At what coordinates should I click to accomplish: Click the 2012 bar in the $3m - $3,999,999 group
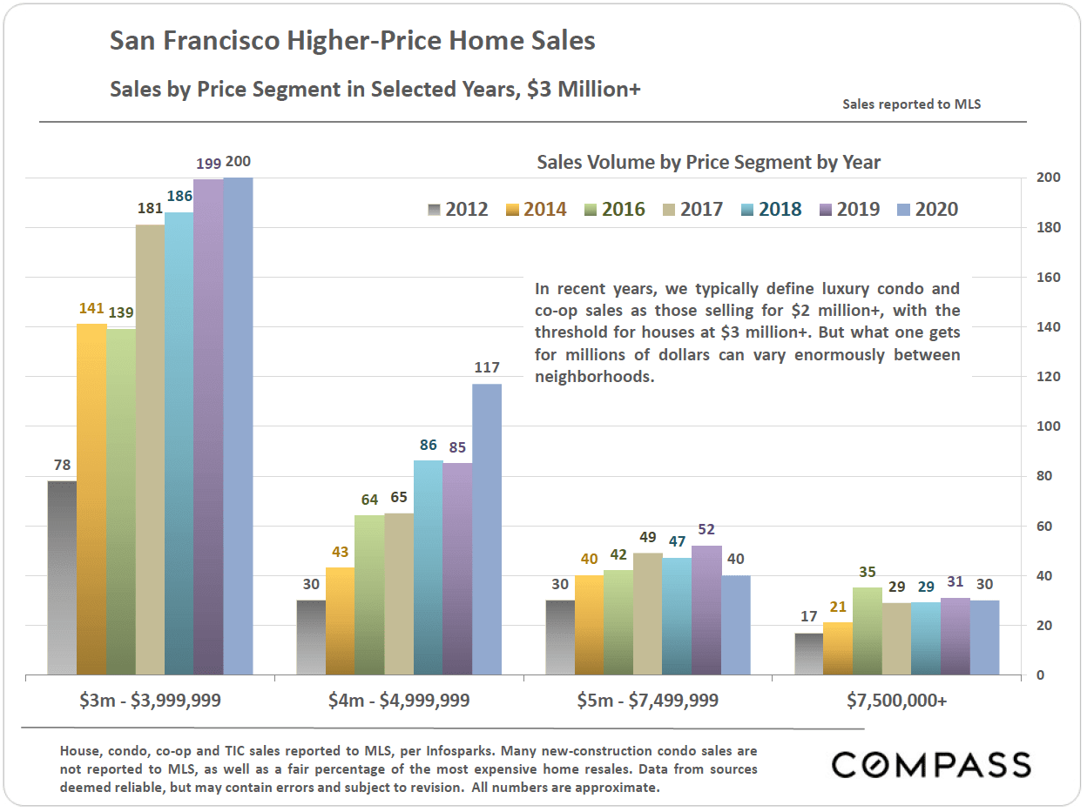(62, 578)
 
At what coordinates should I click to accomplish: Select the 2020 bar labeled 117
(487, 529)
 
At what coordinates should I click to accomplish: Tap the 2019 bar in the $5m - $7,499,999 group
(706, 610)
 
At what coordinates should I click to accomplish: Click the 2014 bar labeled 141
(91, 500)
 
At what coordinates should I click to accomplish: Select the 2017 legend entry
(692, 210)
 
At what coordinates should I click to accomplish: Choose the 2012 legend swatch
(435, 210)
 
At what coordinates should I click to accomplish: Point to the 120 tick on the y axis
(1041, 377)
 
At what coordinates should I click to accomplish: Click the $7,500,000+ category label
(897, 700)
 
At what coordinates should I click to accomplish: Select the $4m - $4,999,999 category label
(400, 700)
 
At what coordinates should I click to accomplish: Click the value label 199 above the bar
(208, 163)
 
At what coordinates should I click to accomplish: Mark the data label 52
(706, 530)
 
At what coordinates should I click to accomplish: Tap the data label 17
(809, 617)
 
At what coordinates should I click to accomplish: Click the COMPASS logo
(931, 765)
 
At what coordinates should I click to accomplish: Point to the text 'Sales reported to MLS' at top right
(911, 104)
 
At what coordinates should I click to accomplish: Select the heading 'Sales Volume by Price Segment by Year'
(708, 163)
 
